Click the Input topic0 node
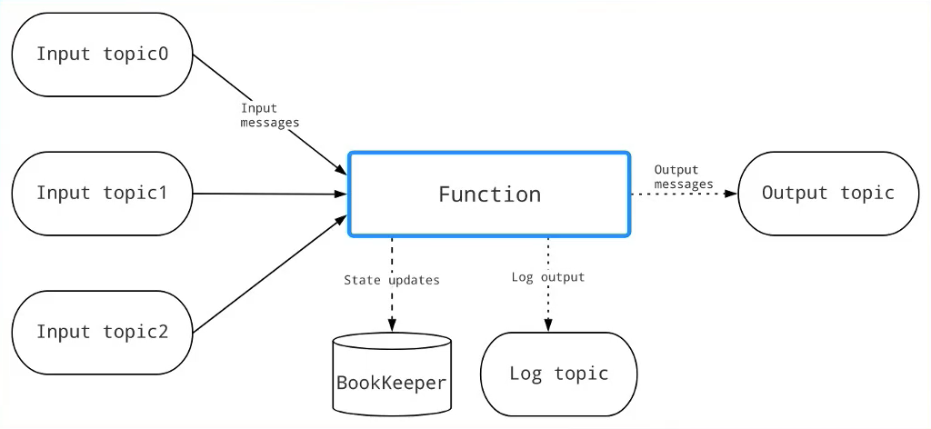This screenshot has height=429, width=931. [x=102, y=55]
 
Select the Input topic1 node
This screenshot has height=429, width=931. [x=102, y=194]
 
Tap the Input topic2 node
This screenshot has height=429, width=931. [x=102, y=332]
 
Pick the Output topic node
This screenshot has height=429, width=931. [x=827, y=194]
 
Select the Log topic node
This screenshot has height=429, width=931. [x=558, y=374]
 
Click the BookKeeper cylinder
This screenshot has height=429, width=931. [x=392, y=380]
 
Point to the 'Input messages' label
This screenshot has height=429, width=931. [x=269, y=115]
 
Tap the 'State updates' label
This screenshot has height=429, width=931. [x=391, y=280]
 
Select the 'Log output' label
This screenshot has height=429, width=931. [x=548, y=276]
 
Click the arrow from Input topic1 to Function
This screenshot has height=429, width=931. [x=273, y=194]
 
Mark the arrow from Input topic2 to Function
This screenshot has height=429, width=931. [x=273, y=273]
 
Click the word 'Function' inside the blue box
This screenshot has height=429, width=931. [x=489, y=195]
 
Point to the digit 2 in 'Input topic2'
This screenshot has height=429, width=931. [x=163, y=332]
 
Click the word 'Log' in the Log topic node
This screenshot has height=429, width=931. [x=526, y=374]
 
